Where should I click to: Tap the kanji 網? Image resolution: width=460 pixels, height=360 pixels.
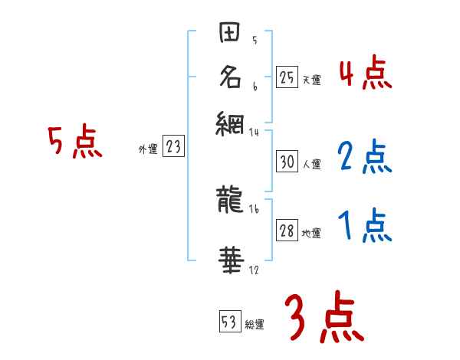tap(230, 123)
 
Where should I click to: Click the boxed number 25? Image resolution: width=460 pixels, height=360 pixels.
tap(286, 77)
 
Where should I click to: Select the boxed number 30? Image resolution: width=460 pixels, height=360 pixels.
tap(286, 162)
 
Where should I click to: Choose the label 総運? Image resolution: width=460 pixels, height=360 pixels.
tap(255, 324)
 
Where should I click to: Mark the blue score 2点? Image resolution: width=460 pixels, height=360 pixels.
tap(364, 157)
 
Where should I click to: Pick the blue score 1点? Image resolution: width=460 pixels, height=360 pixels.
tap(364, 227)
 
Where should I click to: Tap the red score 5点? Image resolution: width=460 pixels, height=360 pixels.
tap(75, 142)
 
